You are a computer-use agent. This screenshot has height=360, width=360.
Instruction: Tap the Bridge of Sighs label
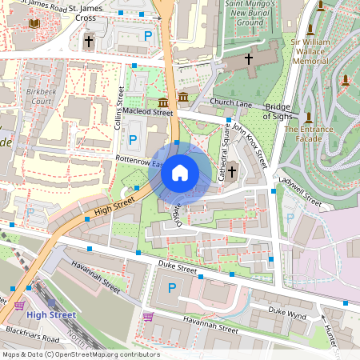coord(278,113)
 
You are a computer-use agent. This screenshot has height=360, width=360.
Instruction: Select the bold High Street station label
coord(51,314)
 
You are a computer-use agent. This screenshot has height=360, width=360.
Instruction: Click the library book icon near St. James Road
coord(34,24)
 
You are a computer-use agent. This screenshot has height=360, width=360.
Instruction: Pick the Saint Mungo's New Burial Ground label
coord(244,14)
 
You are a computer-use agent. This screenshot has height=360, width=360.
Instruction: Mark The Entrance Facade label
coord(309,134)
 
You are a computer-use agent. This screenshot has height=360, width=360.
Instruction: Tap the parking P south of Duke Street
coord(170,287)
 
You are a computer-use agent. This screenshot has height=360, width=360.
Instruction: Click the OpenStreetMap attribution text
coord(81,354)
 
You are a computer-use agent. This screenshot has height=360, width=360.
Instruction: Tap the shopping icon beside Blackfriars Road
coord(19,305)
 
